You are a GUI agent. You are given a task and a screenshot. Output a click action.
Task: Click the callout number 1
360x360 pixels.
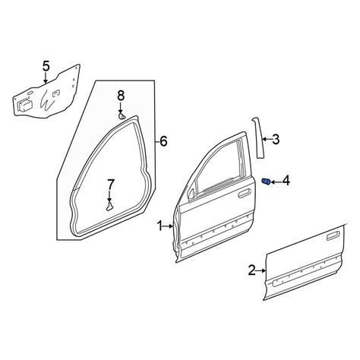click(x=160, y=226)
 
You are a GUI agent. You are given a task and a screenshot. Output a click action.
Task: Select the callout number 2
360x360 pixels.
click(x=252, y=270)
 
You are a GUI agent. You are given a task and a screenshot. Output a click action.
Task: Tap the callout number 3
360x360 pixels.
click(x=275, y=139)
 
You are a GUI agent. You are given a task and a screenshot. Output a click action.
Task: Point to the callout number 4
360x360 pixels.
click(x=286, y=181)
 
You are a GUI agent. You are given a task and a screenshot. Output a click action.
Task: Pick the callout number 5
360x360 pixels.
click(x=46, y=66)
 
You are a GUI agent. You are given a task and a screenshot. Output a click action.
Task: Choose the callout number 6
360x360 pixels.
click(x=164, y=141)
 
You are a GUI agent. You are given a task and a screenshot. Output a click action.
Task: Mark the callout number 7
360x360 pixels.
click(x=111, y=185)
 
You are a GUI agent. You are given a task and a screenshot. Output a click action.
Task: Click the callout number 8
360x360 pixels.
click(x=121, y=96)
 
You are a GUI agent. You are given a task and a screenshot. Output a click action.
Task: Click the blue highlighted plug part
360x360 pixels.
click(x=266, y=182)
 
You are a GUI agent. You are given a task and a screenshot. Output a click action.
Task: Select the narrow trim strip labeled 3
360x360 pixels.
click(x=258, y=138)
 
